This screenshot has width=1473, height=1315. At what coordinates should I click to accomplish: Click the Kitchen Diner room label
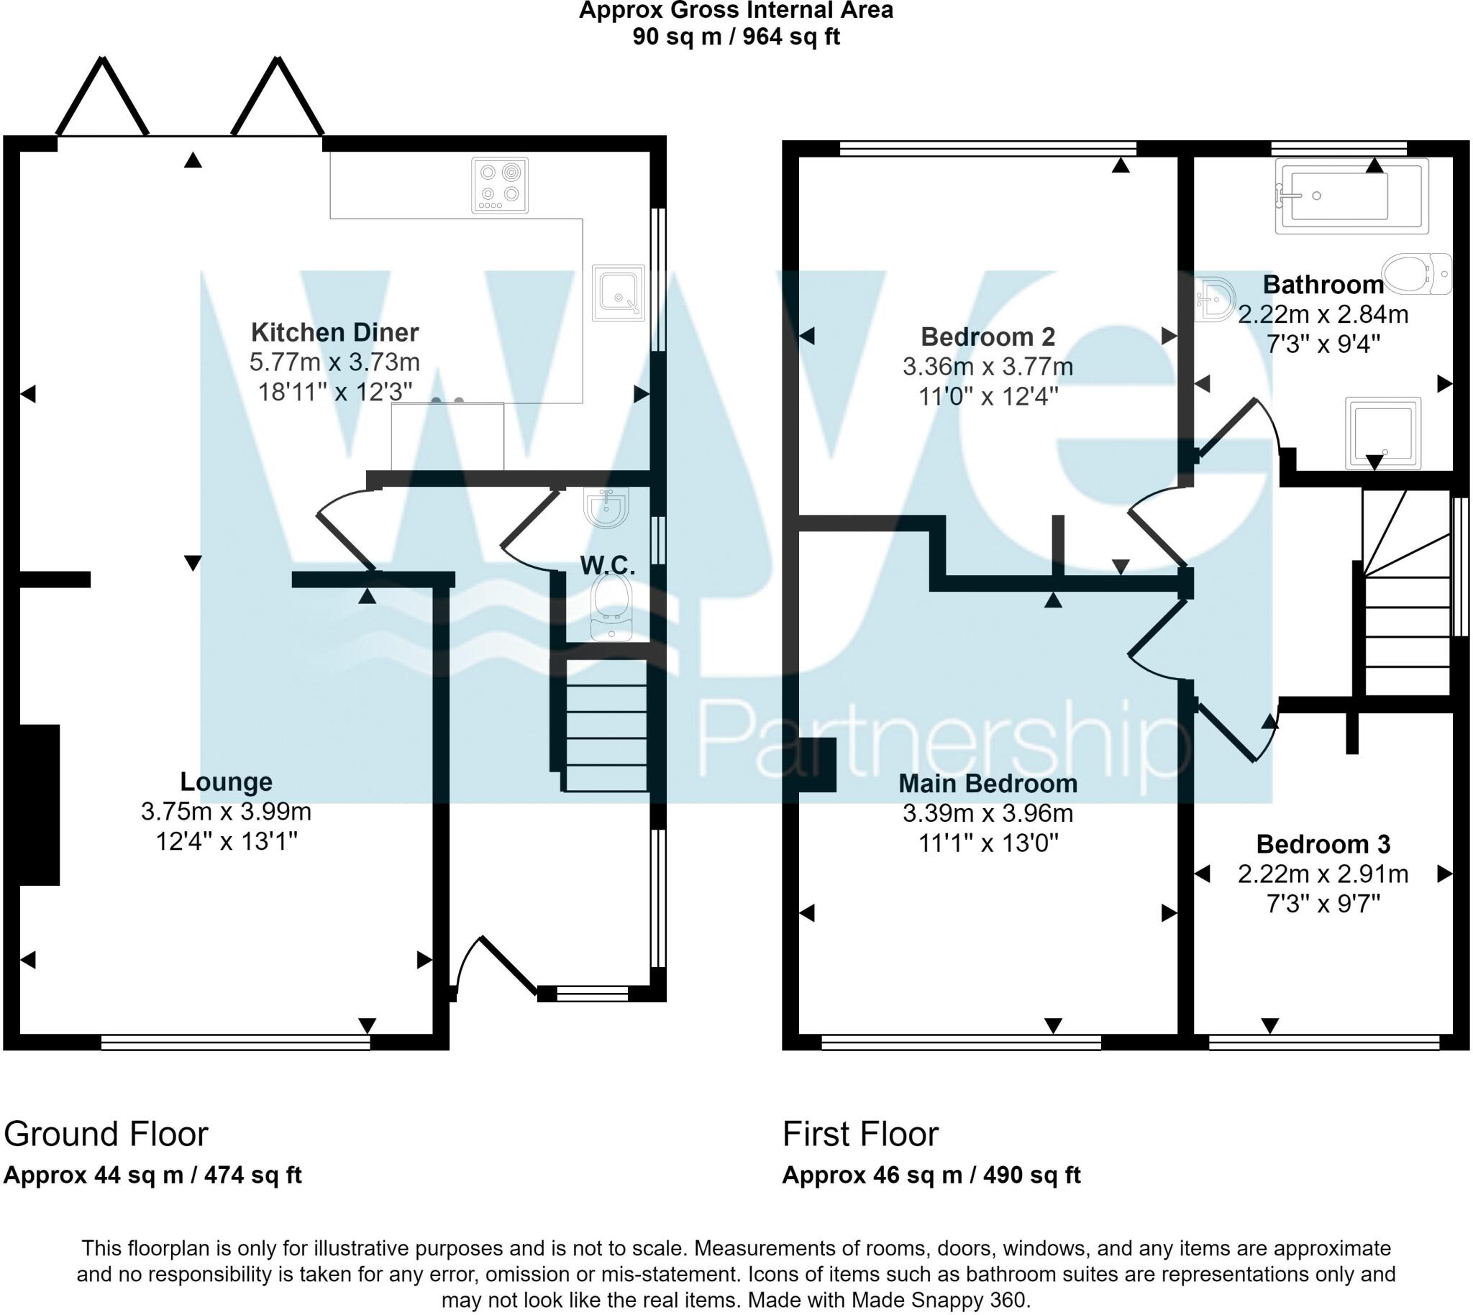click(334, 332)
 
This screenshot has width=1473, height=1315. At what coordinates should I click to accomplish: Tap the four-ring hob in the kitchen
click(499, 185)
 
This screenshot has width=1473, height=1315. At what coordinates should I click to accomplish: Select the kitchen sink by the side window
click(618, 293)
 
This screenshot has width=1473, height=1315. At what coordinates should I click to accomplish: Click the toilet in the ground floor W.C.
click(611, 607)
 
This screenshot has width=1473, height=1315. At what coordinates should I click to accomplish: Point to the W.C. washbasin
click(607, 506)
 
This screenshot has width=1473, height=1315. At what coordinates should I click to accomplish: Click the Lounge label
click(226, 782)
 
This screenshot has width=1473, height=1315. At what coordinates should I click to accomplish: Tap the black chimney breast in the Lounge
click(40, 805)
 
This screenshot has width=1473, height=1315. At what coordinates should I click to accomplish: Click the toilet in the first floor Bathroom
click(1418, 273)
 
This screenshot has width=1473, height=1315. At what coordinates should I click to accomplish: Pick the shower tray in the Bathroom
click(1382, 432)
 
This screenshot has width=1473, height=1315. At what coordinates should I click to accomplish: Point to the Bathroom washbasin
click(1214, 298)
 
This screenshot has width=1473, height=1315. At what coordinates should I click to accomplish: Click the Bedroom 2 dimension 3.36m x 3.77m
click(988, 367)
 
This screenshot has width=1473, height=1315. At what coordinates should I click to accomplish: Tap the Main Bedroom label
click(988, 784)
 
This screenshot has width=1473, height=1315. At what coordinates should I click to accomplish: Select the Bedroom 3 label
click(1323, 844)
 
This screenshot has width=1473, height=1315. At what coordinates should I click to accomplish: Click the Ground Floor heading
click(106, 1135)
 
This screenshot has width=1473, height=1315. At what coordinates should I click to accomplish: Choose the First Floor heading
click(860, 1135)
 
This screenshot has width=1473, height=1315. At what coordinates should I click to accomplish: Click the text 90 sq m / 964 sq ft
click(736, 36)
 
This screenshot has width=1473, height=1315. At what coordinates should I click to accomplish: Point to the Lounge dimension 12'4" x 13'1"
click(227, 841)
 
